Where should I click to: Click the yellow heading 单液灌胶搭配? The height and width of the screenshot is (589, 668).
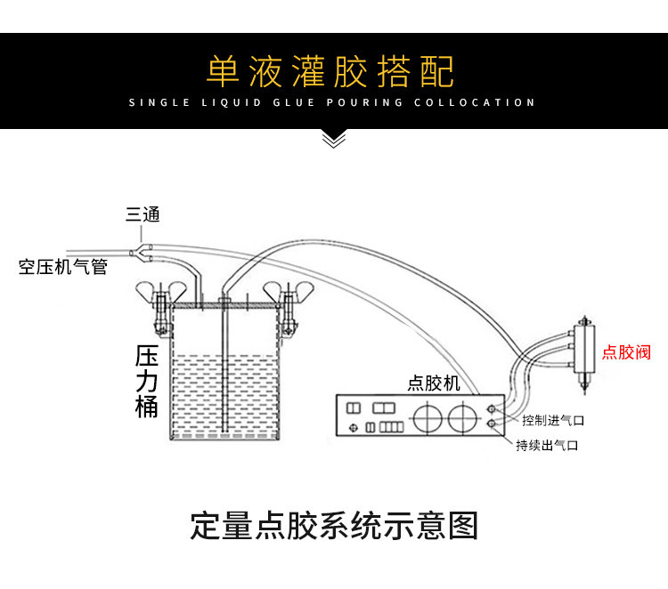click(330, 71)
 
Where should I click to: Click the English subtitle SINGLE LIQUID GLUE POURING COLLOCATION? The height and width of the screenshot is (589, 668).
click(332, 102)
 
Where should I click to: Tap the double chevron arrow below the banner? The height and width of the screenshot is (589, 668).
click(334, 140)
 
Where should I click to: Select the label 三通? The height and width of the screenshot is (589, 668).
click(143, 214)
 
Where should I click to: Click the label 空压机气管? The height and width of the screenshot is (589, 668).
click(62, 267)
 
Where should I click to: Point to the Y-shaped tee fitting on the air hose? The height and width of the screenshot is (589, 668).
click(142, 253)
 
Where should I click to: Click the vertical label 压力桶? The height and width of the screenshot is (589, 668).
click(147, 382)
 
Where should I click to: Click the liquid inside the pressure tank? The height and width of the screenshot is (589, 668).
click(225, 396)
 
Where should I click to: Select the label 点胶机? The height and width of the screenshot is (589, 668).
click(434, 383)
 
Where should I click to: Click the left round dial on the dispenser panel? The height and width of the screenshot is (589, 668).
click(428, 418)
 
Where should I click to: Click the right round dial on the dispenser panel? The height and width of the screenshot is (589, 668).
click(462, 418)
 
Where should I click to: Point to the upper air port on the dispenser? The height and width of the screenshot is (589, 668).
click(492, 409)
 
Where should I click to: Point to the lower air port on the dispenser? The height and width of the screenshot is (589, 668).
click(492, 424)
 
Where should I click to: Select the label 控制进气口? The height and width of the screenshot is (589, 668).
click(553, 421)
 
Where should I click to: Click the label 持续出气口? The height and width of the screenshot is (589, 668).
click(547, 445)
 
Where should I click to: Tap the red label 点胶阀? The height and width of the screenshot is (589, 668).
click(626, 352)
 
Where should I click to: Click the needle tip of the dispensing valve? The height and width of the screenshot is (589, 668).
click(584, 393)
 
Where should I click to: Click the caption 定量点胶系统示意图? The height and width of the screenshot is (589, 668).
click(334, 526)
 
